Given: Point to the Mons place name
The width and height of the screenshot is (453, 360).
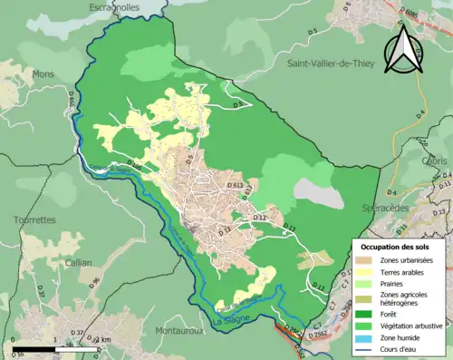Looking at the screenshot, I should coord(43,73).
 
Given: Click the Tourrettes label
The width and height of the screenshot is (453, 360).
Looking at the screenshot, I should coord(34,219).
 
